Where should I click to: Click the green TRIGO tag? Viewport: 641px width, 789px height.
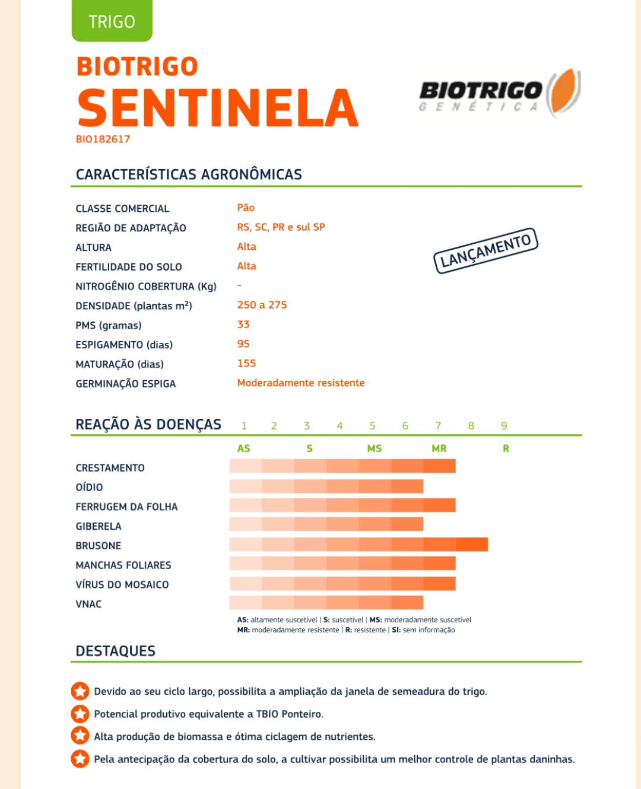(112, 21)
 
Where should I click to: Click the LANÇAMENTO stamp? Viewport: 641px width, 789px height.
(485, 251)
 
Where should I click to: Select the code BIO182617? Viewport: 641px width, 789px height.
(103, 139)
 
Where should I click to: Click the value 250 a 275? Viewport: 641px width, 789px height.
(262, 305)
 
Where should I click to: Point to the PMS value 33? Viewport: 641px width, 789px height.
(243, 324)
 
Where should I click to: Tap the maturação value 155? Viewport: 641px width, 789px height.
(246, 363)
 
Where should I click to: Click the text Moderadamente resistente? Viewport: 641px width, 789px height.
(301, 383)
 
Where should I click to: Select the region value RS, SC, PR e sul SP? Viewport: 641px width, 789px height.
(281, 227)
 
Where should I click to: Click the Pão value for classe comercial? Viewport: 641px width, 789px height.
(246, 208)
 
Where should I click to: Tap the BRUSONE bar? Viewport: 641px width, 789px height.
(358, 545)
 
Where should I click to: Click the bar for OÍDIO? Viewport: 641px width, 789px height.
(326, 486)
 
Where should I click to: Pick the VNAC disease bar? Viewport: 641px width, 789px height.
(326, 603)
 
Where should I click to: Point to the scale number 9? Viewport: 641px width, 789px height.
(504, 426)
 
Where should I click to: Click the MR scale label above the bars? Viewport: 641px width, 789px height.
(439, 448)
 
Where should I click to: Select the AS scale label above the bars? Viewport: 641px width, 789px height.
(243, 448)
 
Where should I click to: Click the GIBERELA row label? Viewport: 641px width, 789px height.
(99, 526)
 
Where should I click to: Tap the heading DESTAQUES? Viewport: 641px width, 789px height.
(116, 651)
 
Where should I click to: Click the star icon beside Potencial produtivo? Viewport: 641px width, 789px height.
(80, 714)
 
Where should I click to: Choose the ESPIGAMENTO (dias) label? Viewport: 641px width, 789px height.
(124, 345)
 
